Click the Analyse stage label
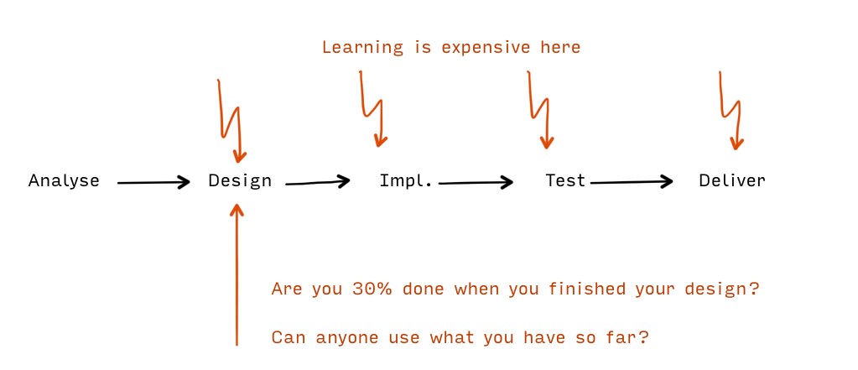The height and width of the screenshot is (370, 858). coord(64,180)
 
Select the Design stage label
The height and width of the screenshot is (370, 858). coord(240,181)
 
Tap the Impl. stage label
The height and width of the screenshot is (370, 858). coord(406,180)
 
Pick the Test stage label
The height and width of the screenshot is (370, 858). coord(565,180)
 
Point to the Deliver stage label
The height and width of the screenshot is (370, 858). coord(732,180)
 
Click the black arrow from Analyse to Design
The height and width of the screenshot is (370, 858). coord(153,182)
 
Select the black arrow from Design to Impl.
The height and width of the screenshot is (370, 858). coord(318,182)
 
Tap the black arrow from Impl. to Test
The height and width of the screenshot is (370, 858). coord(476,182)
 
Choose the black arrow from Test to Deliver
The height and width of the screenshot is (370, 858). coord(632,182)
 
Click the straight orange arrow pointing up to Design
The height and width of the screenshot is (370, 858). coord(237,274)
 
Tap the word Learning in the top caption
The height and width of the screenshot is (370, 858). coord(362,48)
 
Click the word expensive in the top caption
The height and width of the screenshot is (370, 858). coord(486,48)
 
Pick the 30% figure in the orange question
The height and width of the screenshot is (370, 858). coord(372,289)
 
